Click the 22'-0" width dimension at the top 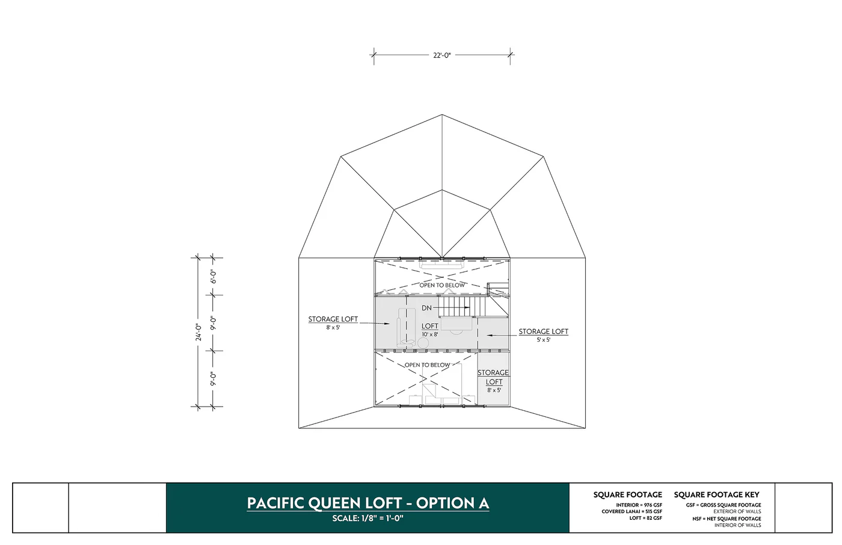pyautogui.click(x=441, y=55)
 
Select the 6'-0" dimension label pyautogui.click(x=214, y=276)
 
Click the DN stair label pyautogui.click(x=426, y=308)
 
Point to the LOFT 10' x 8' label pyautogui.click(x=429, y=330)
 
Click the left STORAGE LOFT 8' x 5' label pyautogui.click(x=333, y=322)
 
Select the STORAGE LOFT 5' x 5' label pyautogui.click(x=543, y=334)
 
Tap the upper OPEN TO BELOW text pyautogui.click(x=442, y=285)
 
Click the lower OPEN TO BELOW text pyautogui.click(x=427, y=365)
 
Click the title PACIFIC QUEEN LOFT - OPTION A pyautogui.click(x=367, y=503)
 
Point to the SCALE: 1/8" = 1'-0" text pyautogui.click(x=367, y=519)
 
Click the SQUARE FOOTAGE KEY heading pyautogui.click(x=716, y=494)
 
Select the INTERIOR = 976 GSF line pyautogui.click(x=639, y=505)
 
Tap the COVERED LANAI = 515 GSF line pyautogui.click(x=631, y=512)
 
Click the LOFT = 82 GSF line pyautogui.click(x=645, y=518)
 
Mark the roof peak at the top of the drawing pyautogui.click(x=442, y=115)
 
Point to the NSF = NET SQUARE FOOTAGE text pyautogui.click(x=727, y=519)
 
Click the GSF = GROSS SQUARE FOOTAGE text pyautogui.click(x=724, y=505)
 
